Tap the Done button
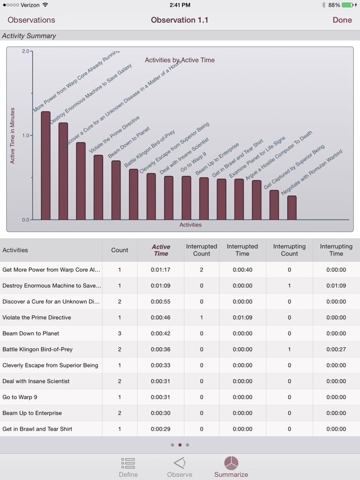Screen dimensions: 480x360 tap(342, 20)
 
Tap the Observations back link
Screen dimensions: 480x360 tap(31, 20)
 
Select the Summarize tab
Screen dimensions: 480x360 tap(231, 467)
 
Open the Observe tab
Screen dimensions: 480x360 tap(179, 467)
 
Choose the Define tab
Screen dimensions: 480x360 tap(128, 467)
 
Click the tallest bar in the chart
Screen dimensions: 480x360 tap(45, 166)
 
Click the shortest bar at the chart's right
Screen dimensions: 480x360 tap(292, 208)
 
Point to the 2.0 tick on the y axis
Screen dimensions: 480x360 tap(26, 52)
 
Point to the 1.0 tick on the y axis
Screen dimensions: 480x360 tap(26, 136)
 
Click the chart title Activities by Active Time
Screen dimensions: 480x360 tap(179, 60)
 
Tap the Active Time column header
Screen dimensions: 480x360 tap(161, 250)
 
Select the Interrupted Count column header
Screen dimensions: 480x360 tap(202, 250)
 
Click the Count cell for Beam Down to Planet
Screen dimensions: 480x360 tap(119, 333)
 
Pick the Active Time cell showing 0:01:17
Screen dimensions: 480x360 tap(161, 269)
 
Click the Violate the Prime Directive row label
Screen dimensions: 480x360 tap(37, 318)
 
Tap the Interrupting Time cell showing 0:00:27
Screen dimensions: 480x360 tap(336, 349)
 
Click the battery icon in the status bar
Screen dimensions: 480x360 tap(348, 5)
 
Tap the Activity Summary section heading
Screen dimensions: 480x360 tap(29, 36)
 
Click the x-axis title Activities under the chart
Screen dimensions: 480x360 tap(190, 225)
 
